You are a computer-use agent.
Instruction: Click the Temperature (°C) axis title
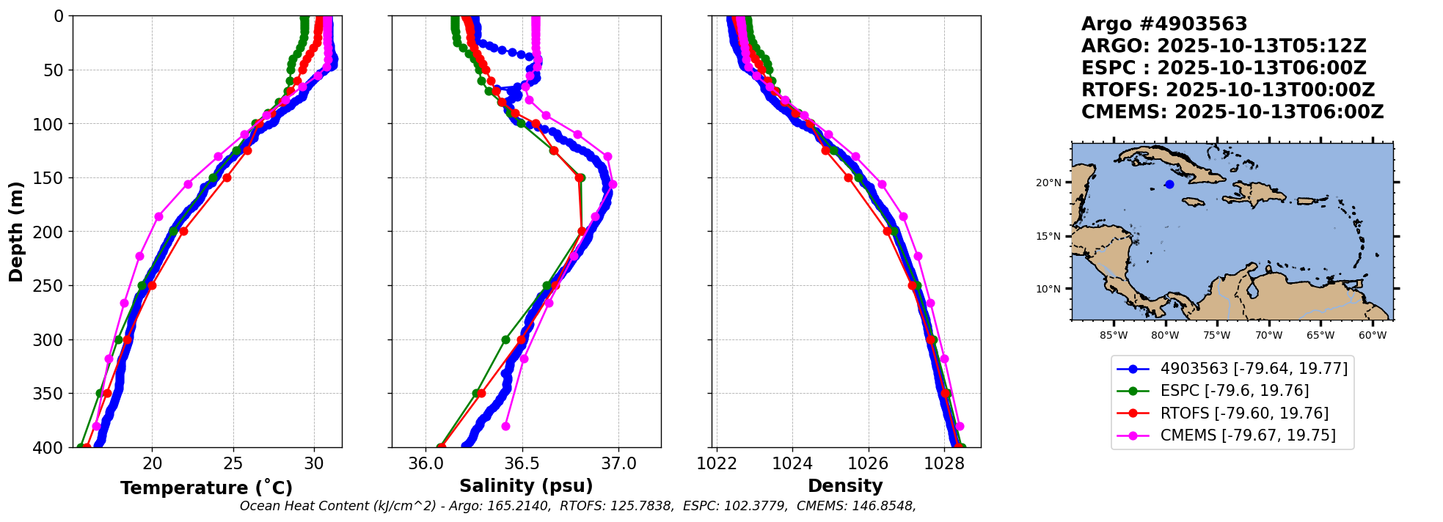[206, 488]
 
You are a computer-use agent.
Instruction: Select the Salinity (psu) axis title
[526, 486]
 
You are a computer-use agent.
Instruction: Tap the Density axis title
[845, 486]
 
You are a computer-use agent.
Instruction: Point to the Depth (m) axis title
[16, 231]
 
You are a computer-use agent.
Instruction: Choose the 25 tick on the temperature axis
[233, 464]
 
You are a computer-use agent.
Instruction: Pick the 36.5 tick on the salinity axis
[522, 464]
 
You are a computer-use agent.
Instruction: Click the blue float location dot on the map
[1169, 185]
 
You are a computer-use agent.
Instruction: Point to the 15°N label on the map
[1048, 236]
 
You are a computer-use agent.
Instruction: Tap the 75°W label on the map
[1217, 336]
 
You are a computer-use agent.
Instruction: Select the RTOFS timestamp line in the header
[1228, 90]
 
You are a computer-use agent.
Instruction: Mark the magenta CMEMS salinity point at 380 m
[505, 426]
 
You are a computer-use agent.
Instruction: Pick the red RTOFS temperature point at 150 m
[227, 177]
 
